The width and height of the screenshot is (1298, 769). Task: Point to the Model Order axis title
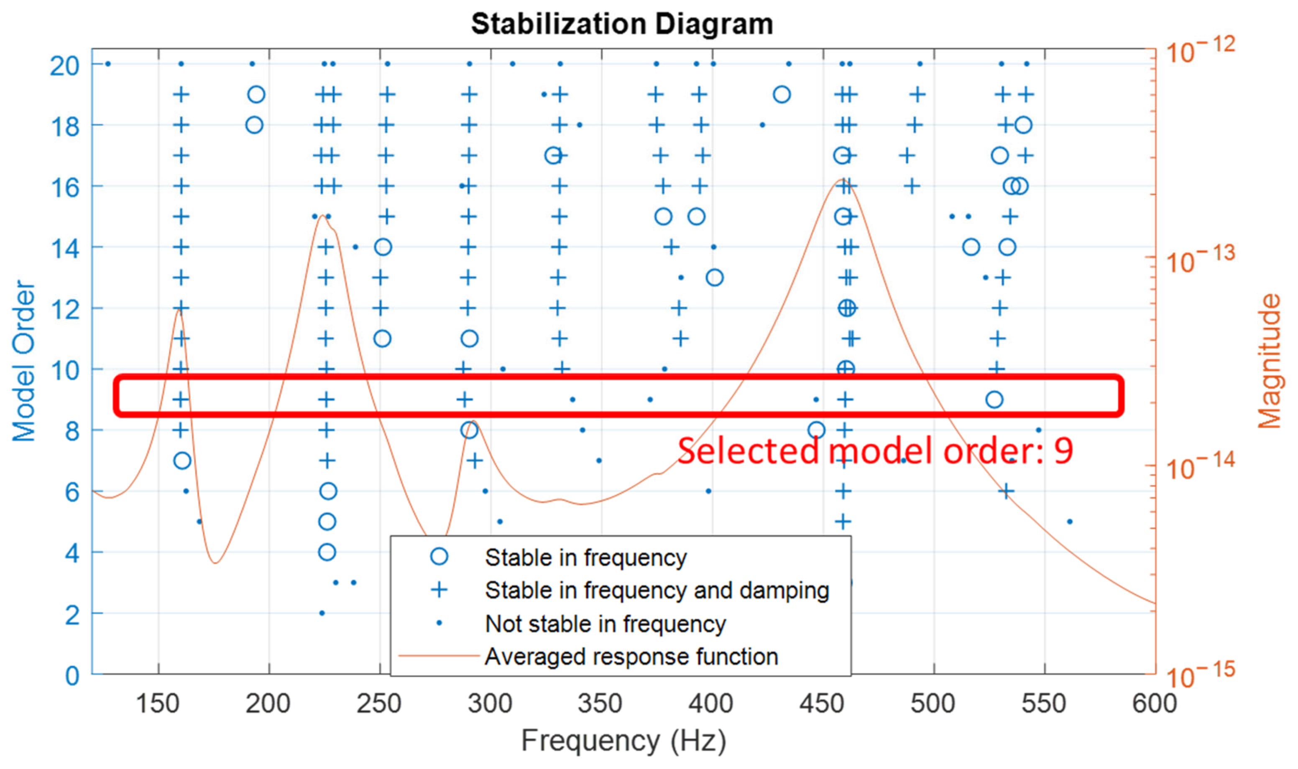(x=24, y=361)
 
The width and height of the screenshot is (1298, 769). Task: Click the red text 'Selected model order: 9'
(x=875, y=451)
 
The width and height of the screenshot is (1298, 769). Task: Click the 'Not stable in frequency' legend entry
(x=605, y=624)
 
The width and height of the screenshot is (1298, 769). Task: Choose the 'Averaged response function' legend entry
(x=631, y=657)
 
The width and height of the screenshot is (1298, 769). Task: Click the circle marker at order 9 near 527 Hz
(x=994, y=400)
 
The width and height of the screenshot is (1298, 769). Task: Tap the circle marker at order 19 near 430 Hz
(x=781, y=95)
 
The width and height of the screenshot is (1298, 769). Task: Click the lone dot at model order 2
(x=322, y=613)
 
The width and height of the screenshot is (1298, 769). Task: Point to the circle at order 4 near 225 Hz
(x=327, y=552)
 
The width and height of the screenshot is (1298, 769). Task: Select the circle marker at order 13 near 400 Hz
(x=714, y=278)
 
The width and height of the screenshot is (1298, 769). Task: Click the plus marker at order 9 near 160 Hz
(x=180, y=400)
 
